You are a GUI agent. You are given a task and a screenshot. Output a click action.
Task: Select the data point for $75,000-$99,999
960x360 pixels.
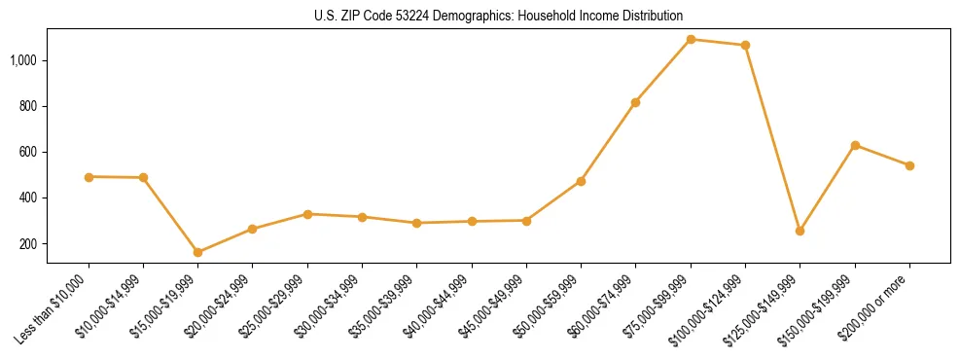click(x=691, y=40)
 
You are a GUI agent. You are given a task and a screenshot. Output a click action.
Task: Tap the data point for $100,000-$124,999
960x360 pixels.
click(x=745, y=46)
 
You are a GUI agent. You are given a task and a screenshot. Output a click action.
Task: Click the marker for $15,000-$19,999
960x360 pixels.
click(x=198, y=252)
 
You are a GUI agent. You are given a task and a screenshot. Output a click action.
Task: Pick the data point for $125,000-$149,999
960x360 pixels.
click(x=800, y=231)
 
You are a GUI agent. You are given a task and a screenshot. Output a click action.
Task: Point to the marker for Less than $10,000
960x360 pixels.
click(x=89, y=177)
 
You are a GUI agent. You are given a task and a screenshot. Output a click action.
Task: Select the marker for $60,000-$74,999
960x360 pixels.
click(x=635, y=102)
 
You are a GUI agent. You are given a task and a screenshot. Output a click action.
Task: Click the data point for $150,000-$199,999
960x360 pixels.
click(x=855, y=145)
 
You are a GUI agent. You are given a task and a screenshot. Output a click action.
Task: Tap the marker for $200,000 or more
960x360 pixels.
click(x=909, y=165)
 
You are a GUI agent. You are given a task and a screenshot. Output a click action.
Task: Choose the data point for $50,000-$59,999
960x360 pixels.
click(x=581, y=181)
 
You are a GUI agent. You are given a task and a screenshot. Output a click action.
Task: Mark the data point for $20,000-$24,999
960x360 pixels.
click(x=253, y=229)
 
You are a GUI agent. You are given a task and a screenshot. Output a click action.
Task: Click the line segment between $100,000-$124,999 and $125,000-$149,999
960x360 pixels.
click(x=772, y=138)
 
